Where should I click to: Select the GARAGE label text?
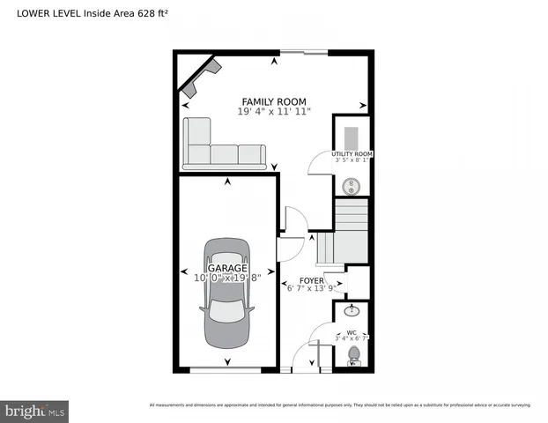pyautogui.click(x=227, y=267)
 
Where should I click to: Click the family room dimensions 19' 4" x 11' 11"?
pyautogui.click(x=273, y=112)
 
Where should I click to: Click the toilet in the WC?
pyautogui.click(x=354, y=354)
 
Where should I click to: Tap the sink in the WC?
pyautogui.click(x=352, y=310)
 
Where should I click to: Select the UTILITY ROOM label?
pyautogui.click(x=352, y=154)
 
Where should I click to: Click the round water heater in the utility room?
pyautogui.click(x=352, y=186)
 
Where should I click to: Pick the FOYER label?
pyautogui.click(x=311, y=280)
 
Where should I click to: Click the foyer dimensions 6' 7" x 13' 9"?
pyautogui.click(x=312, y=288)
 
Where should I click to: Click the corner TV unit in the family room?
pyautogui.click(x=200, y=78)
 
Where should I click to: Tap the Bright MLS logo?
pyautogui.click(x=35, y=411)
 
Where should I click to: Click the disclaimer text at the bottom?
pyautogui.click(x=340, y=404)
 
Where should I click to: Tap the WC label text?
pyautogui.click(x=352, y=332)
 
